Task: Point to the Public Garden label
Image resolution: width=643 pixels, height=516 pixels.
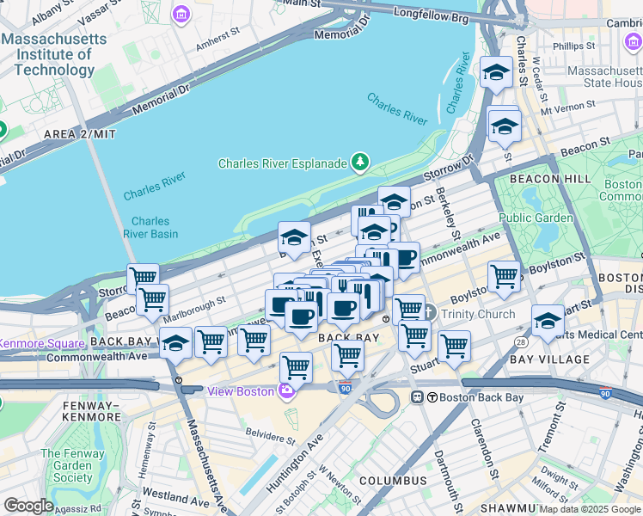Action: [535, 218]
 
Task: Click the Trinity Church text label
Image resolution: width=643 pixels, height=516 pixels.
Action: [477, 314]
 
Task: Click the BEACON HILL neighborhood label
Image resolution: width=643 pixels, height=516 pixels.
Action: [549, 178]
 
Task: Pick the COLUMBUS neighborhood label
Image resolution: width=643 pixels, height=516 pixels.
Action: [393, 480]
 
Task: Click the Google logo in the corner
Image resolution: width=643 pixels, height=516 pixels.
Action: [28, 506]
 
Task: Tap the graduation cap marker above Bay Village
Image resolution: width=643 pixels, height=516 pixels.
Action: [548, 321]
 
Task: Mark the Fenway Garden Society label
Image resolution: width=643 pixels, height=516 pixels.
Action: [66, 465]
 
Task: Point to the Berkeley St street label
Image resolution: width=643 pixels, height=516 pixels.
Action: [448, 212]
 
